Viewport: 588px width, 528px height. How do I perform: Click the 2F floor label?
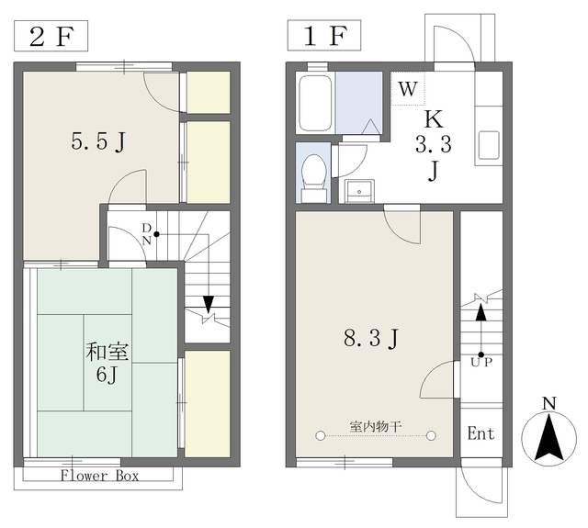tap(51, 37)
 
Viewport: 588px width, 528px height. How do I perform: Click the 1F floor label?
tap(324, 36)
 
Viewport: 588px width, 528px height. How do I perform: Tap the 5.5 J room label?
tap(98, 142)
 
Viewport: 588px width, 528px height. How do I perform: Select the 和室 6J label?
tap(107, 363)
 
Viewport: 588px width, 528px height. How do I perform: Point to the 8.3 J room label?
tap(371, 339)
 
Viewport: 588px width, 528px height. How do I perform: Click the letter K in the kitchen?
tap(433, 119)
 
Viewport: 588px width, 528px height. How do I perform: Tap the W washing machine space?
tap(408, 89)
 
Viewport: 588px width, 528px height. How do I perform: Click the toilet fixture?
tap(314, 176)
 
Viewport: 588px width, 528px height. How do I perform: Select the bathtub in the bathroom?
tap(315, 103)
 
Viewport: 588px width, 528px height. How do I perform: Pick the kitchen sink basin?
tap(489, 145)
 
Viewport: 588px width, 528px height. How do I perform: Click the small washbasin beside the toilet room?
tap(359, 191)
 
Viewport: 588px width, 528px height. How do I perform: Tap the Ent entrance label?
tap(481, 433)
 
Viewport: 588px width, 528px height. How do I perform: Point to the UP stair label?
tap(481, 363)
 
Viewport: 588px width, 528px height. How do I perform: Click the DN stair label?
tap(147, 234)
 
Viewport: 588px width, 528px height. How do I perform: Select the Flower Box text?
tap(99, 476)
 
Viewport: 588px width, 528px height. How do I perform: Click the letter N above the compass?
tap(549, 404)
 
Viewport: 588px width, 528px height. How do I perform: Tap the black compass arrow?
tap(549, 437)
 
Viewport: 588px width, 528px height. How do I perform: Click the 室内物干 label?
tap(376, 426)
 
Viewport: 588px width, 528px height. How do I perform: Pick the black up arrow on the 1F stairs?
tap(481, 312)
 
